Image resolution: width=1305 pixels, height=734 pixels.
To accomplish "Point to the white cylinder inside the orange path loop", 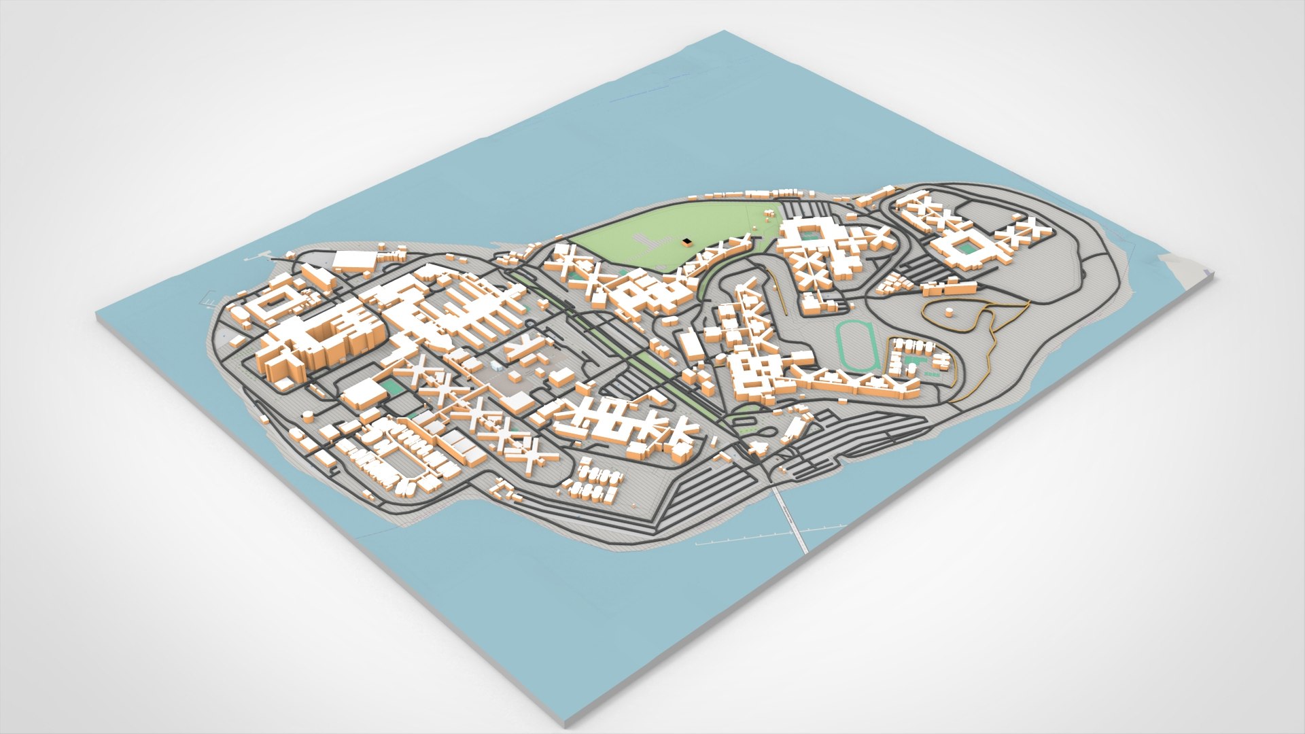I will (x=949, y=312).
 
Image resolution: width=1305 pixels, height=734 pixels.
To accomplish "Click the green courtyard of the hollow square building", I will (x=964, y=247).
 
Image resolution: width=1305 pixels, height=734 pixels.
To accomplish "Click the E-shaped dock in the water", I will (x=208, y=297).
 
